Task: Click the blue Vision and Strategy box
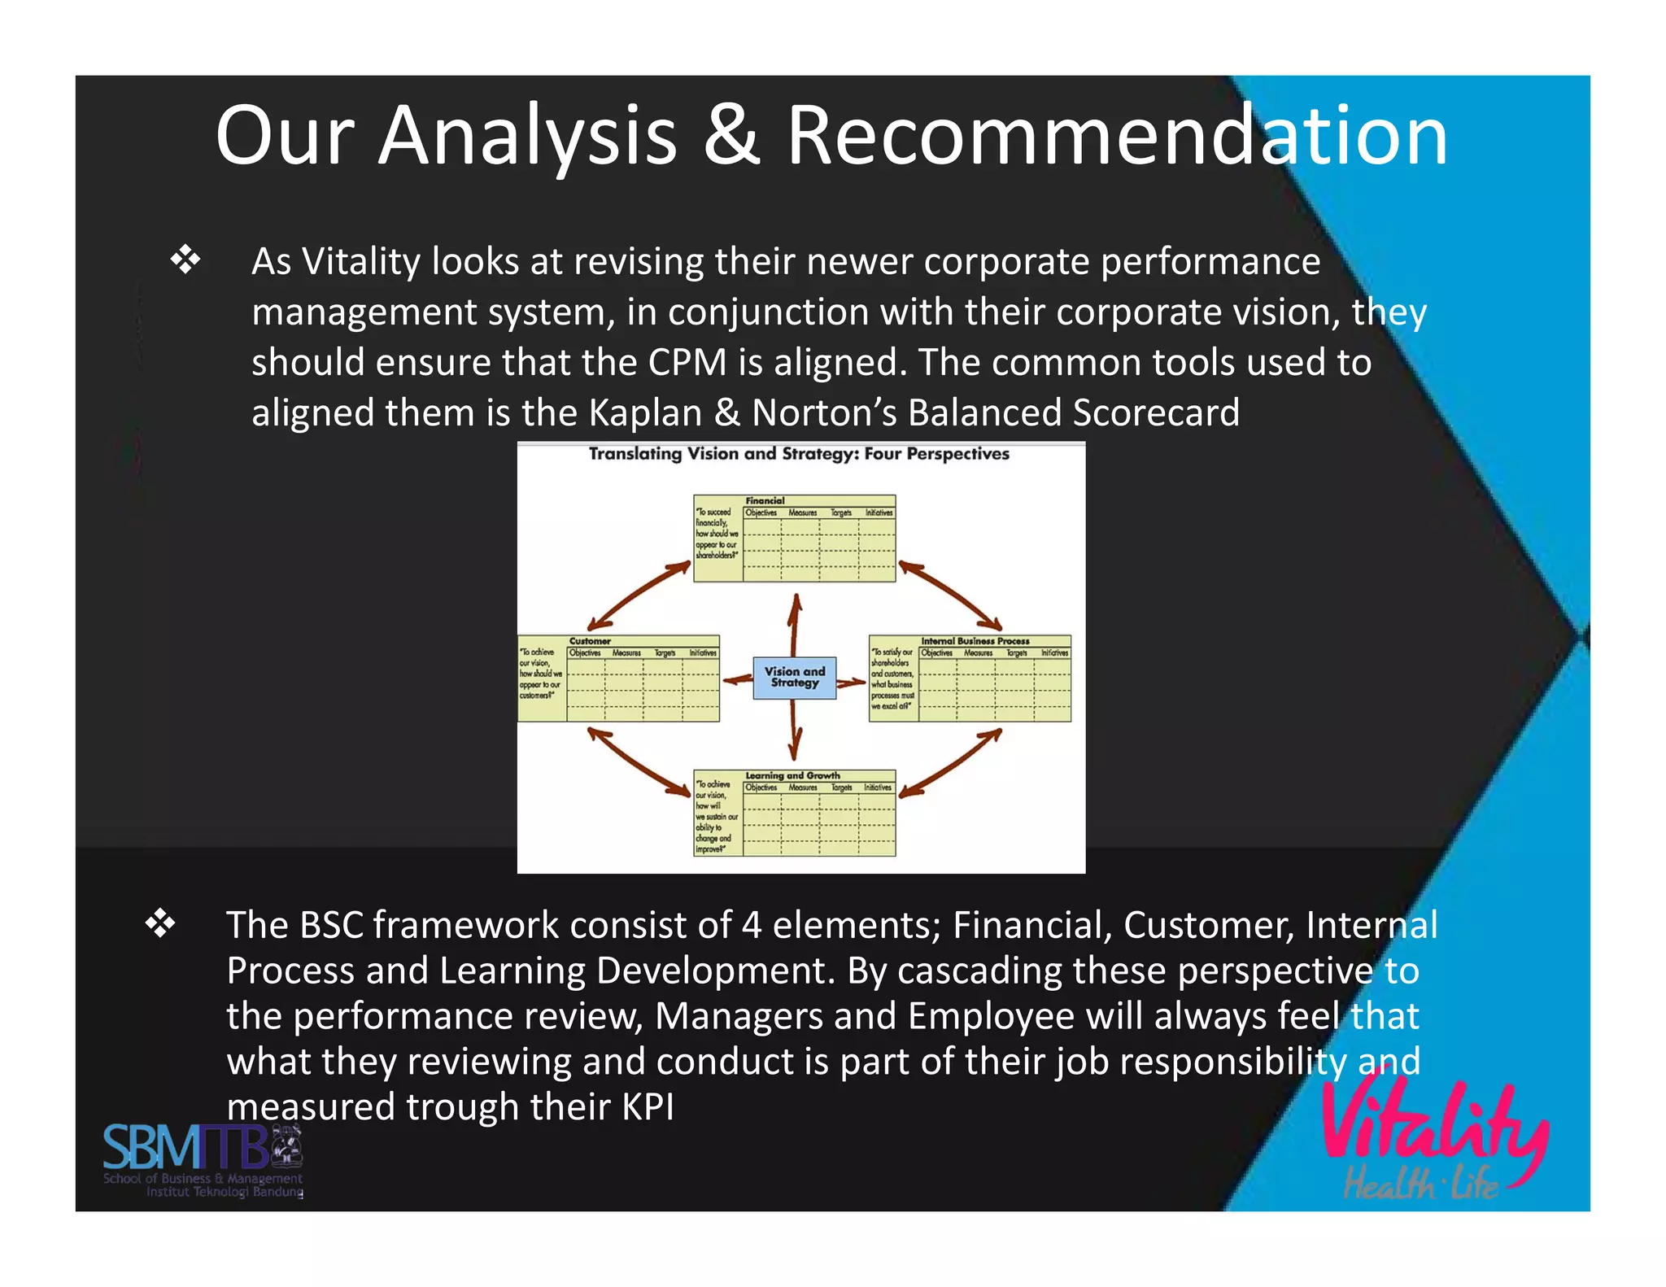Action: (794, 678)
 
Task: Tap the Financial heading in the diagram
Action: (765, 500)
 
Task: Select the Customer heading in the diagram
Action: (590, 641)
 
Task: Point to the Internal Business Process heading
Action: (975, 641)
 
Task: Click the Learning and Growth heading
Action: (792, 775)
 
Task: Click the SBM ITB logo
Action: (203, 1160)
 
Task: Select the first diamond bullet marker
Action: (185, 260)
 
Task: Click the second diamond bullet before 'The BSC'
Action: (160, 924)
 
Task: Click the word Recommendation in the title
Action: (1116, 136)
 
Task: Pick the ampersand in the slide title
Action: (731, 136)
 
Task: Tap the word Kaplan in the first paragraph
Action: (644, 412)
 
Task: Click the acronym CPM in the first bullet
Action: (687, 362)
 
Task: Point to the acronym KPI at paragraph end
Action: (648, 1107)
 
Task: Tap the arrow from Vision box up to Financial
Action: (795, 624)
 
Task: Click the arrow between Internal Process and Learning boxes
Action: (951, 762)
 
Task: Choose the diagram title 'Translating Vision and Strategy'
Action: (798, 454)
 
